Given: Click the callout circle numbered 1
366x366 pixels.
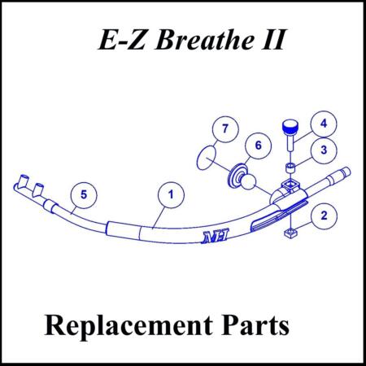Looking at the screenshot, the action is pyautogui.click(x=171, y=195).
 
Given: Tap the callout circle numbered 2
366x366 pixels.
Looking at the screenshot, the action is pyautogui.click(x=324, y=216).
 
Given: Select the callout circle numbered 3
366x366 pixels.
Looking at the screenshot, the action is pyautogui.click(x=324, y=150).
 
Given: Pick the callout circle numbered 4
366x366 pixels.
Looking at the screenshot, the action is pyautogui.click(x=324, y=124).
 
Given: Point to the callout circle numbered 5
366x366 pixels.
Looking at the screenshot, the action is pyautogui.click(x=84, y=195).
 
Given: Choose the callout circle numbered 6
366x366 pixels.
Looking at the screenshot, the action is pyautogui.click(x=258, y=146).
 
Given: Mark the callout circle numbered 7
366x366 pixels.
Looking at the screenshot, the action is pyautogui.click(x=225, y=129).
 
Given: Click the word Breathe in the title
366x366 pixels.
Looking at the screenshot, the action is pyautogui.click(x=205, y=40).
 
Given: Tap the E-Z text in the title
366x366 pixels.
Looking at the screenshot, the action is pyautogui.click(x=121, y=40).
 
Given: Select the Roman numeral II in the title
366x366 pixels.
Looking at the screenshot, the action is pyautogui.click(x=273, y=40).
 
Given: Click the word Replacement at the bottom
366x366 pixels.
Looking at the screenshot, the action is pyautogui.click(x=129, y=326).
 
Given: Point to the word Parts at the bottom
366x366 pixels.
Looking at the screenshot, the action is pyautogui.click(x=255, y=325).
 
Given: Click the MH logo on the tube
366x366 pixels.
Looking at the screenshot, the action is pyautogui.click(x=215, y=236).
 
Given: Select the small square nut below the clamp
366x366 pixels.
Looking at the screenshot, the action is pyautogui.click(x=290, y=233).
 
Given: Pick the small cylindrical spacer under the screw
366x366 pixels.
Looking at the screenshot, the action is pyautogui.click(x=290, y=168).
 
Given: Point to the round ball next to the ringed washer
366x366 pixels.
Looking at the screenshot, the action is pyautogui.click(x=248, y=183).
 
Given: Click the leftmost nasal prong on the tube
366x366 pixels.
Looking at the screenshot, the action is pyautogui.click(x=23, y=181).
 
